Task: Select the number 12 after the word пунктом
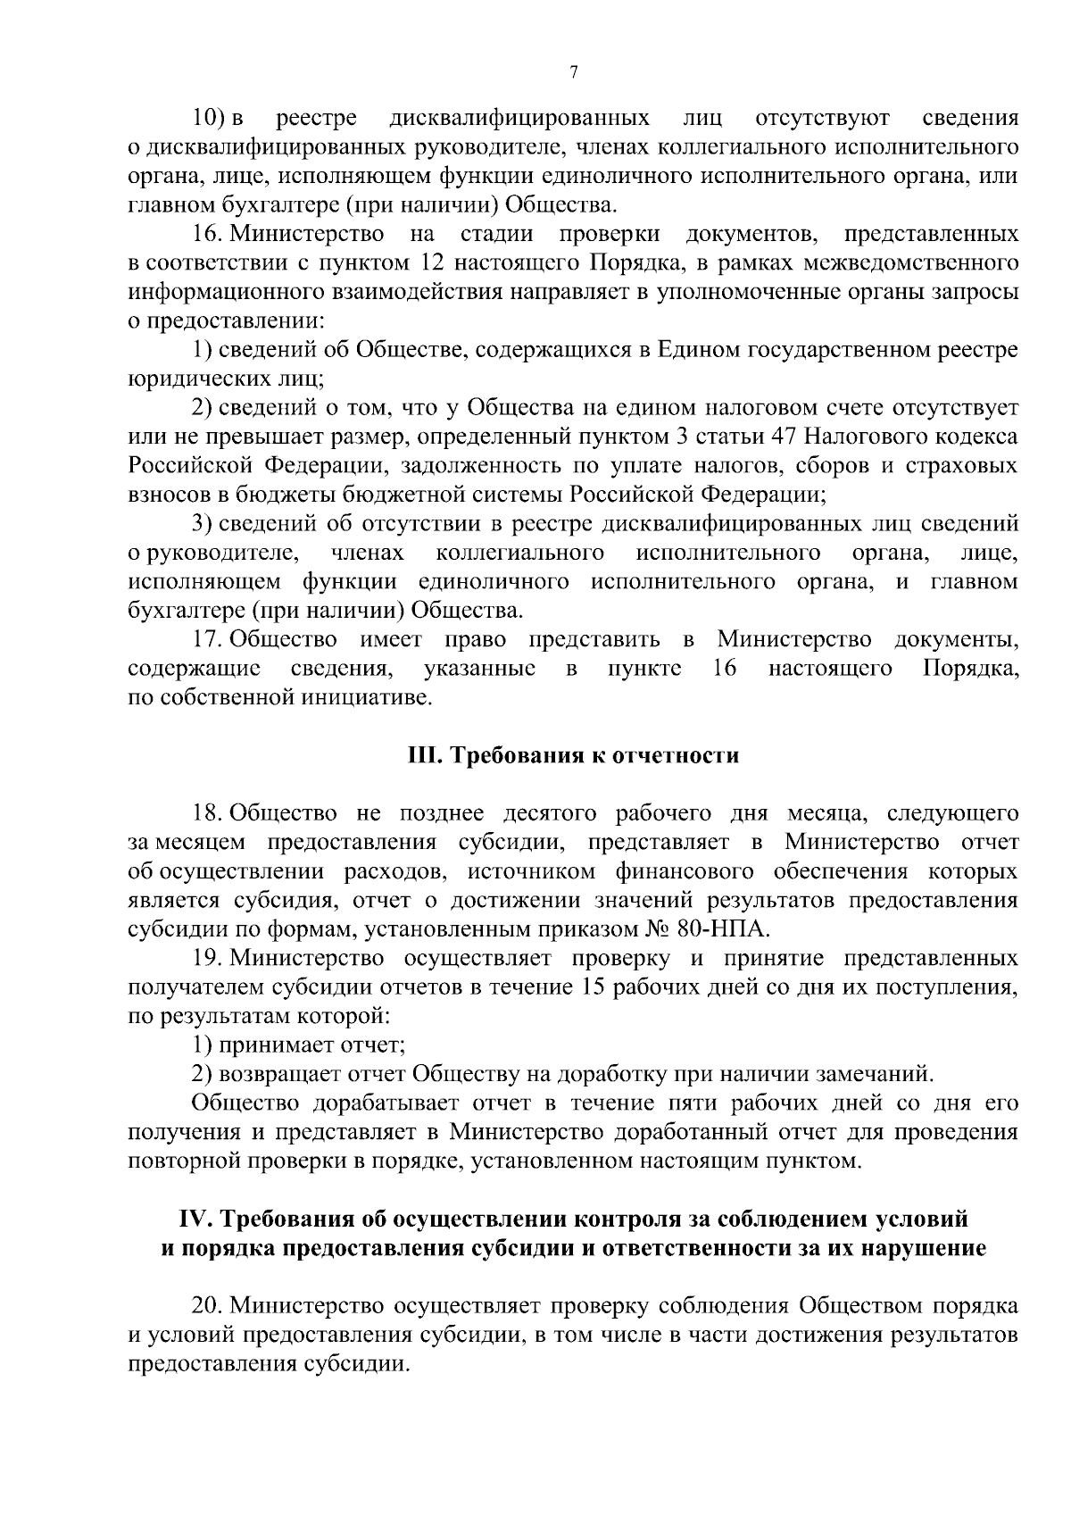(425, 263)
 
